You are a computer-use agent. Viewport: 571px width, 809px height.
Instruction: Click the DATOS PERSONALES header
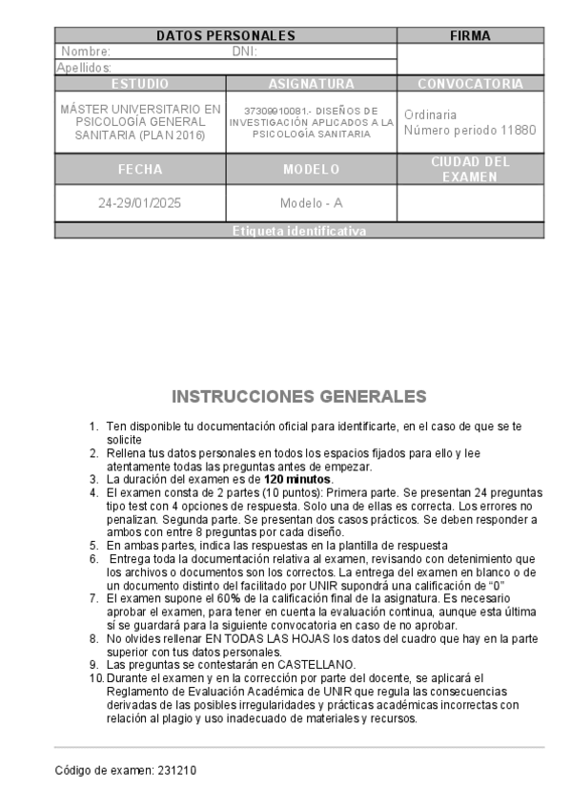[x=226, y=36]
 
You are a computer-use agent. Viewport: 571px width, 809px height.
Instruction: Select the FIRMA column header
[x=470, y=36]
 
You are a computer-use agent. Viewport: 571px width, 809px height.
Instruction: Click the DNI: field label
[x=245, y=52]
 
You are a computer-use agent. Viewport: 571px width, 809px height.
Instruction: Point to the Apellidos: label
[x=84, y=68]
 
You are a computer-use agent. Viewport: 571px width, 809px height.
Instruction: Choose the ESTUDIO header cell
[x=140, y=84]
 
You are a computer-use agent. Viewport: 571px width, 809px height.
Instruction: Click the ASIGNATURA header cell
[x=311, y=84]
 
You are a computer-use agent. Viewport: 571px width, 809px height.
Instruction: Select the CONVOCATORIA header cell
[x=470, y=84]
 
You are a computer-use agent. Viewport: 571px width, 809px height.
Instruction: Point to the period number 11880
[x=517, y=130]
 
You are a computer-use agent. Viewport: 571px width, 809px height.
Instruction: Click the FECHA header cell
[x=140, y=170]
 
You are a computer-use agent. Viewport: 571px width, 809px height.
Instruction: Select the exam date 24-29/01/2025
[x=140, y=203]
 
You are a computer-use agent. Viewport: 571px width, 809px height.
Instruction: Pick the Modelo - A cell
[x=311, y=203]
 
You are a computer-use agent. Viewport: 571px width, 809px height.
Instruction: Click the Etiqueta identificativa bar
[x=299, y=232]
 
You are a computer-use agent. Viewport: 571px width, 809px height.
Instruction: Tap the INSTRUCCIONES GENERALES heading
[x=299, y=396]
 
